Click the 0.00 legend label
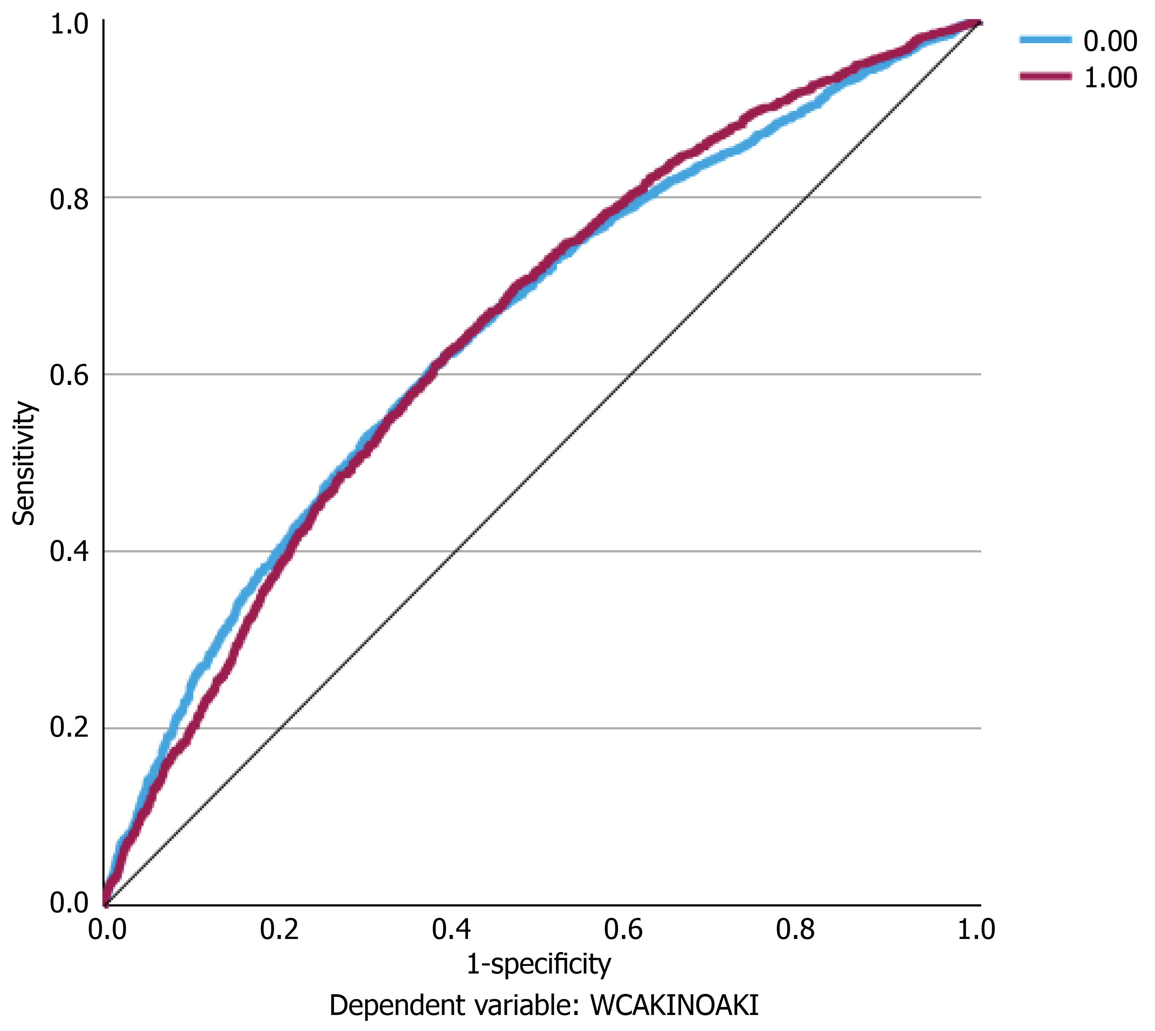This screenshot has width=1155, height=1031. [x=1110, y=41]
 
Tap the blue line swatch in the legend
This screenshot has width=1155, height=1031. [x=1045, y=39]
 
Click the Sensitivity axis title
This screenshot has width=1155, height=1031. [x=24, y=463]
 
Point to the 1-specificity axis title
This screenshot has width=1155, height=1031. [x=539, y=964]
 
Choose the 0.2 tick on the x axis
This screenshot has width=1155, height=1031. [x=279, y=930]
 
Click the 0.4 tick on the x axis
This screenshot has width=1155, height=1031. [x=451, y=930]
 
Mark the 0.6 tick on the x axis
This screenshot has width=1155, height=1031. [x=623, y=930]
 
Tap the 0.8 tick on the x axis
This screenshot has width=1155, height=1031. [x=795, y=930]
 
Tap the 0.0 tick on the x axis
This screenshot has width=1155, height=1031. [x=107, y=930]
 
